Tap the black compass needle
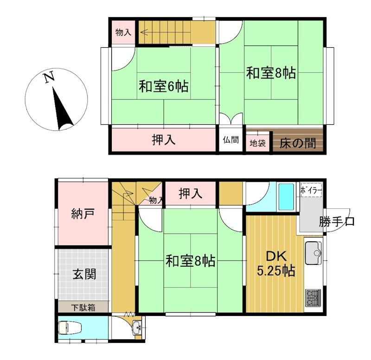[x=62, y=109]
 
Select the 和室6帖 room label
[x=164, y=86]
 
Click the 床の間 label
[x=298, y=143]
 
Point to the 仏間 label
[x=230, y=140]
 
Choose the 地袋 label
[x=258, y=143]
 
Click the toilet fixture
[x=70, y=328]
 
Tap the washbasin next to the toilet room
[x=136, y=328]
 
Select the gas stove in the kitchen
[x=313, y=297]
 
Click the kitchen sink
[x=313, y=253]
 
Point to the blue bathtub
[x=286, y=197]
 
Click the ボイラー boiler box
[x=311, y=189]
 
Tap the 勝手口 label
[x=336, y=222]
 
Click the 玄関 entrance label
[x=84, y=274]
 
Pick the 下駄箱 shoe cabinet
[x=83, y=307]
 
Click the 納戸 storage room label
[x=83, y=213]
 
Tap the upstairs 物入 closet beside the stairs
[x=123, y=32]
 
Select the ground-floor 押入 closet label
[x=191, y=193]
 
